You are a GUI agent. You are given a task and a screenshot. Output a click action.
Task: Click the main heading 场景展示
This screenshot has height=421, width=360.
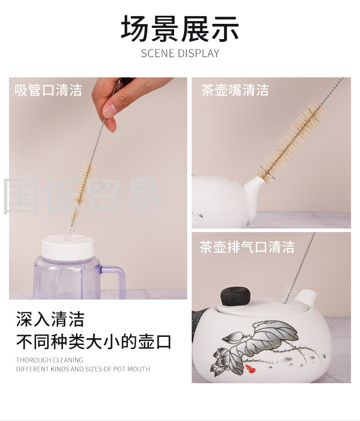coord(180,28)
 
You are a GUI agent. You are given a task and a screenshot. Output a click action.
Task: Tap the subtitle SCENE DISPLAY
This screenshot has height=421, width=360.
coord(180,53)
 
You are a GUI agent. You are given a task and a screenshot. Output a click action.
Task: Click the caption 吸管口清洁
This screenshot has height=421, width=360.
coord(48,90)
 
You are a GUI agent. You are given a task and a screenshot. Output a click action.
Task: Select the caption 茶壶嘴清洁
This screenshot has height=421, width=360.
coord(235,90)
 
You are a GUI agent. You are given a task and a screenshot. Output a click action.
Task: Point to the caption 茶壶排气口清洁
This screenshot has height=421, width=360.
coord(247,247)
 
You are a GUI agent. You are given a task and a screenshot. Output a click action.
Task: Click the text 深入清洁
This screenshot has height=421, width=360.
coord(50,319)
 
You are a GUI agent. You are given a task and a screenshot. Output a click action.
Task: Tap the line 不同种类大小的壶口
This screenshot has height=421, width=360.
coord(94,341)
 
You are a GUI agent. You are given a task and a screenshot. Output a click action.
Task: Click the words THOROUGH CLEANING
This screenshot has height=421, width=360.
coord(49,360)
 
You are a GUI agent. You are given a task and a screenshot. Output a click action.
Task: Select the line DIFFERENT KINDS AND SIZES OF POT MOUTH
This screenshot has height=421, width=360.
coord(83,369)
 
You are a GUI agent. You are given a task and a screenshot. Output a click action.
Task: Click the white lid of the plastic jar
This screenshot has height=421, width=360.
coord(67,247)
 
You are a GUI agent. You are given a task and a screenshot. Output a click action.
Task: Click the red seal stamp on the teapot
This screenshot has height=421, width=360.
coord(250,369)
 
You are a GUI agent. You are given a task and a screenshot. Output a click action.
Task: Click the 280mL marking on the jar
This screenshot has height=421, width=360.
coord(67,282)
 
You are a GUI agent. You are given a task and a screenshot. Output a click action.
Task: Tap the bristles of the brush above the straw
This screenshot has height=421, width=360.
coord(84,185)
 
